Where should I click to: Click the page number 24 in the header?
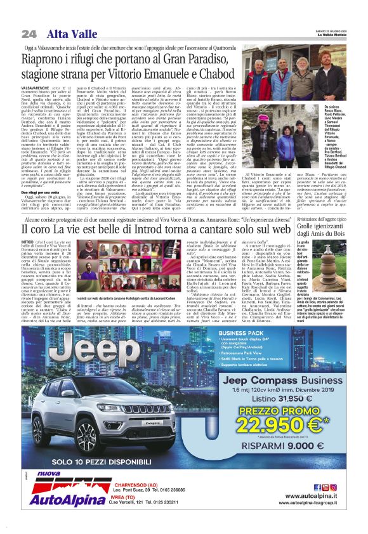(x=28, y=34)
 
